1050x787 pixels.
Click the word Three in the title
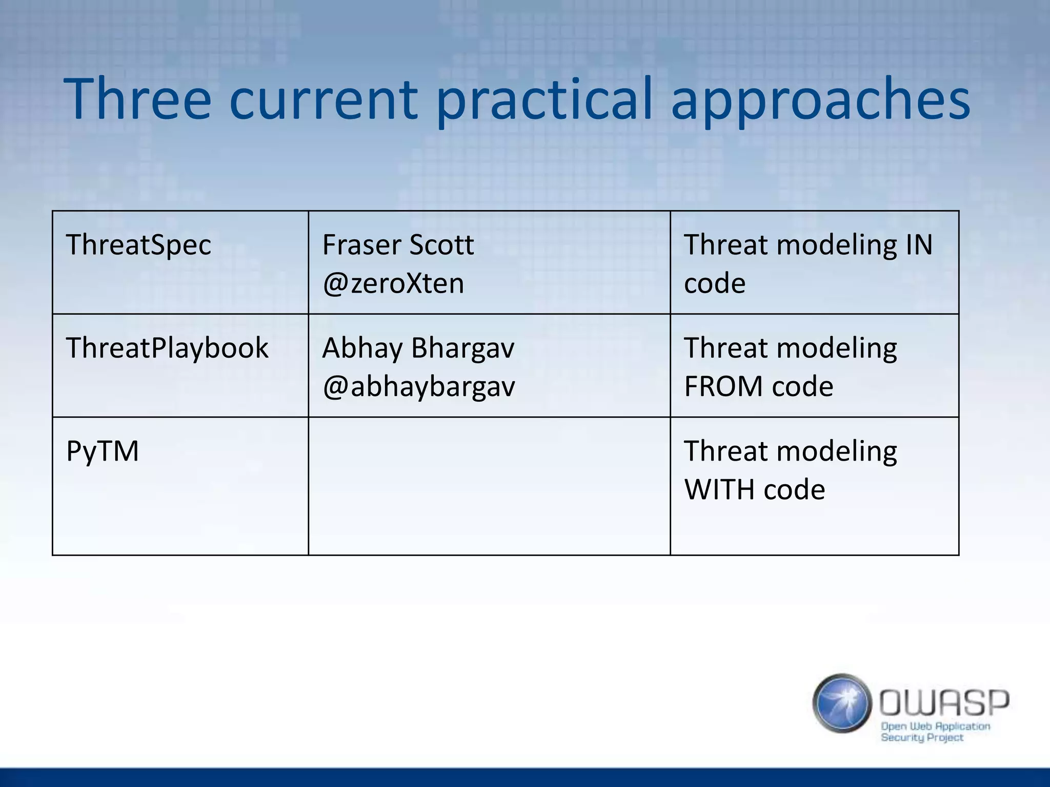[137, 98]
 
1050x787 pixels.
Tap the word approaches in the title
[820, 100]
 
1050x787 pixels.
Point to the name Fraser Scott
[398, 245]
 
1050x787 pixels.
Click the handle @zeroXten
[393, 283]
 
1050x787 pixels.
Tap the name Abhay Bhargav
[418, 348]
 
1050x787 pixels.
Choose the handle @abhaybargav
[418, 387]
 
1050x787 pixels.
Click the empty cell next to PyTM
[489, 486]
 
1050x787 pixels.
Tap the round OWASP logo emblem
[842, 703]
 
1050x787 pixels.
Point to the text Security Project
[922, 738]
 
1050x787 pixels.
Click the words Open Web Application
[935, 726]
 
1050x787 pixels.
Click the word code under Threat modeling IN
[715, 283]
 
